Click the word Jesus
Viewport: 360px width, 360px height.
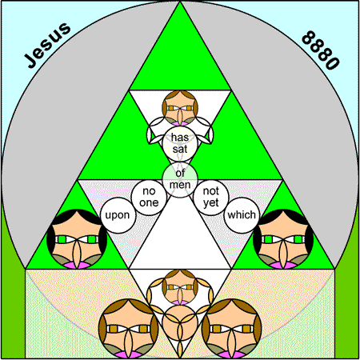(47, 46)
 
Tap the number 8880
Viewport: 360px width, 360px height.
(321, 50)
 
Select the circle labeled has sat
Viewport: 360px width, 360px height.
(180, 144)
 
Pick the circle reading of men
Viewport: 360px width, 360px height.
(180, 179)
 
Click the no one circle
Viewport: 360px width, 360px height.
(149, 198)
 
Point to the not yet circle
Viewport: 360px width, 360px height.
(211, 198)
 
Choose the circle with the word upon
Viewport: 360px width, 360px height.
(118, 215)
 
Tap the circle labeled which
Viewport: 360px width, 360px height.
(242, 215)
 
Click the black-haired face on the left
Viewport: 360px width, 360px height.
(77, 239)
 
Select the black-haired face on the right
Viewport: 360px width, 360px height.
(283, 239)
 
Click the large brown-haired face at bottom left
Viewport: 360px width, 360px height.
(128, 329)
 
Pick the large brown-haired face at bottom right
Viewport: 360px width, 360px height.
(231, 329)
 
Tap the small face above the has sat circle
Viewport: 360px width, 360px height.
(180, 108)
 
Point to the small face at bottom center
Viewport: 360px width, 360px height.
(180, 287)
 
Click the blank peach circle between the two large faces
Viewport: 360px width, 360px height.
(180, 323)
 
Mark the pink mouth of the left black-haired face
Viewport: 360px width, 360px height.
(77, 265)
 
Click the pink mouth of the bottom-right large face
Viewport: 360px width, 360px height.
(231, 354)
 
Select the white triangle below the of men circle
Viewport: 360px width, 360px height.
(180, 234)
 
